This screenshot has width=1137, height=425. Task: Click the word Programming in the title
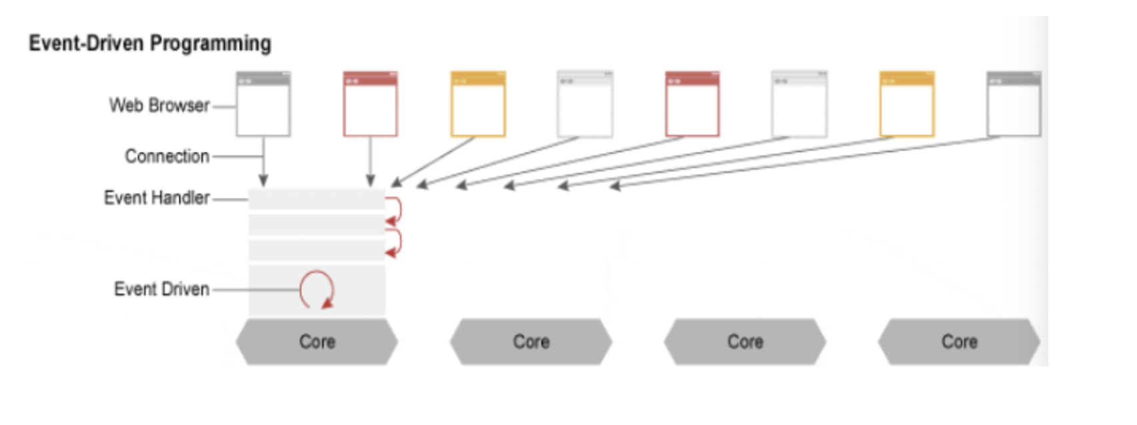210,44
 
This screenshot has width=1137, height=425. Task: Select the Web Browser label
159,105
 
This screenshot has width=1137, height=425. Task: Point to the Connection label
167,156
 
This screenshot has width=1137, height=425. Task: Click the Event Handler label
157,198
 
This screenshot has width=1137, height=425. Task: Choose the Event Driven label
162,289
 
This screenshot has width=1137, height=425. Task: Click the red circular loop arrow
317,289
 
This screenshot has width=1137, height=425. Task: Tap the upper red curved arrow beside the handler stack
394,210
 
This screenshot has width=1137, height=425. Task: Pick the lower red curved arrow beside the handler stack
394,243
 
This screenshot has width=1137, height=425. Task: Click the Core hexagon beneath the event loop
317,342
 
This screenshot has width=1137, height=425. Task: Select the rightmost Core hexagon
959,342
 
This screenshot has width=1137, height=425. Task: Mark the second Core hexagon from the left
531,342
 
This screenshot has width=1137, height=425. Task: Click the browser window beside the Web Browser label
263,104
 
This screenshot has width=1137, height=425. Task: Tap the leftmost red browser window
371,104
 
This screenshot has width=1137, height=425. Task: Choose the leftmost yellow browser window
478,104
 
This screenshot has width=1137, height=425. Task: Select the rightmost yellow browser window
906,104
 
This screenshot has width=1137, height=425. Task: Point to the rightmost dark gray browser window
1014,104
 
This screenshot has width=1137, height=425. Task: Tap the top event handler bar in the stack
317,199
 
